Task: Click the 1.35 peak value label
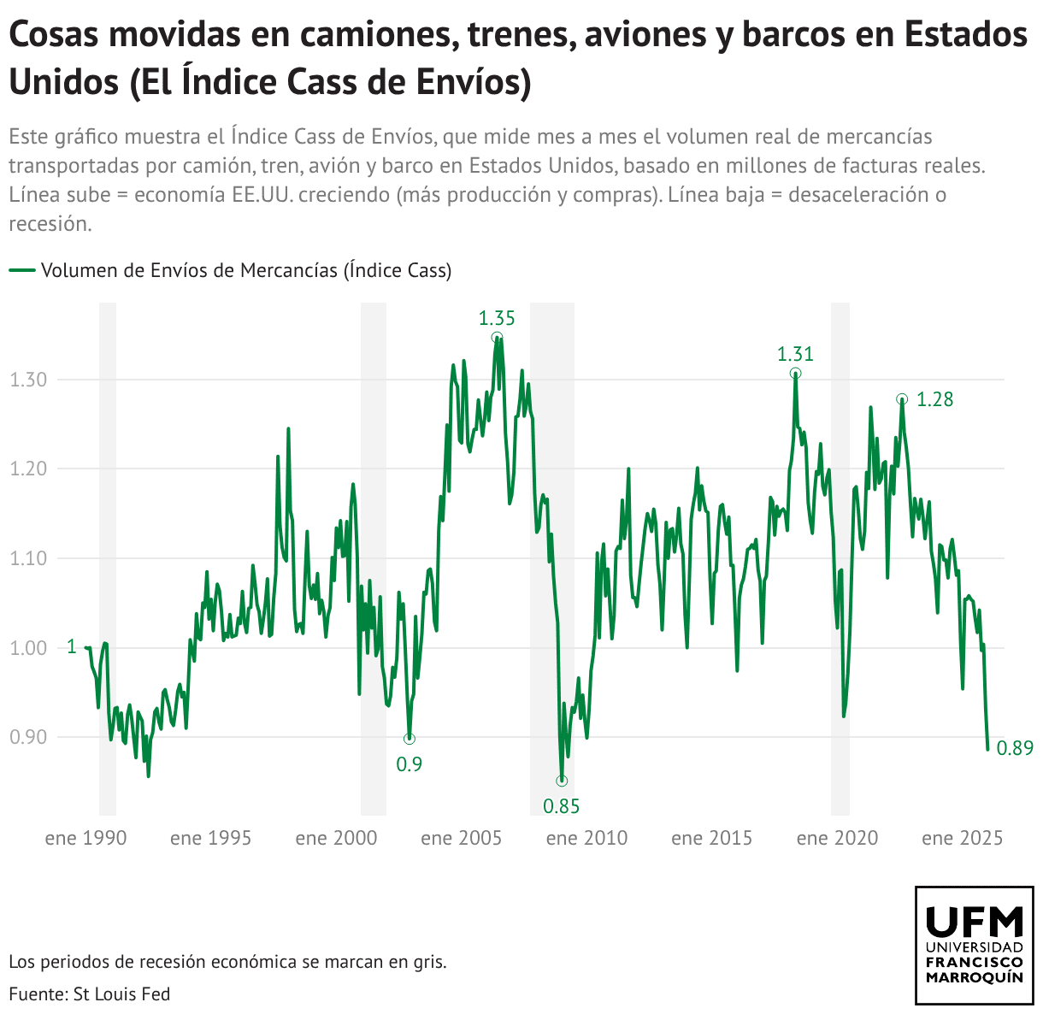[497, 318]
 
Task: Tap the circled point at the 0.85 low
[562, 781]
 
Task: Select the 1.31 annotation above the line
[795, 354]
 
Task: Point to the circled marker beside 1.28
[902, 399]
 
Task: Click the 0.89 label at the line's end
[1015, 749]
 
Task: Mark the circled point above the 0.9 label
[410, 738]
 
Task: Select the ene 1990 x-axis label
[85, 838]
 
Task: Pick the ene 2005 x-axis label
[462, 838]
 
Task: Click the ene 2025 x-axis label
[963, 838]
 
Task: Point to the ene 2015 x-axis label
[712, 838]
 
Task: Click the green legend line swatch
[22, 270]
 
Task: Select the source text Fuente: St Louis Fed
[90, 993]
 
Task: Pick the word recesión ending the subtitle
[50, 224]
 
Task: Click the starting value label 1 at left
[71, 647]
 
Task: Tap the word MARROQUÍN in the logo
[975, 977]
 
